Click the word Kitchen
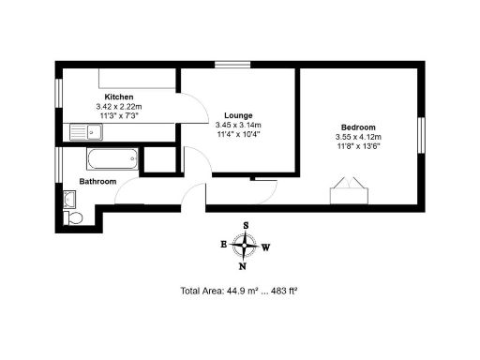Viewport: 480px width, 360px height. coord(118,97)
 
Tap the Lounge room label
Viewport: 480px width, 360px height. coord(238,115)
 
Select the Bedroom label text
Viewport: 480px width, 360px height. coord(358,127)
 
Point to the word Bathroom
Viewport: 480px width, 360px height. coord(97,181)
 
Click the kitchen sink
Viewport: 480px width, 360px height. coord(78,131)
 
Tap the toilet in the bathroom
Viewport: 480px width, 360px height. coord(74,217)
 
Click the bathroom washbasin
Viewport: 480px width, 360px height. coord(69,198)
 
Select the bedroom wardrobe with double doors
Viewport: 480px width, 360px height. coord(344,193)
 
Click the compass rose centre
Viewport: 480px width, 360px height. coord(246,246)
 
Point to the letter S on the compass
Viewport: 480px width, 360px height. coord(246,226)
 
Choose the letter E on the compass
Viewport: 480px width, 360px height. coord(223,245)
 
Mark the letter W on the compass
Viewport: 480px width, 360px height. coord(267,247)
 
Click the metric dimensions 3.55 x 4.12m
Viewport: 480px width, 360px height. coord(358,137)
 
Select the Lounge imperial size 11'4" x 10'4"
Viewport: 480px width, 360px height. coord(238,133)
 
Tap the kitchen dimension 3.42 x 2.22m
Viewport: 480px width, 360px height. coord(118,107)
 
